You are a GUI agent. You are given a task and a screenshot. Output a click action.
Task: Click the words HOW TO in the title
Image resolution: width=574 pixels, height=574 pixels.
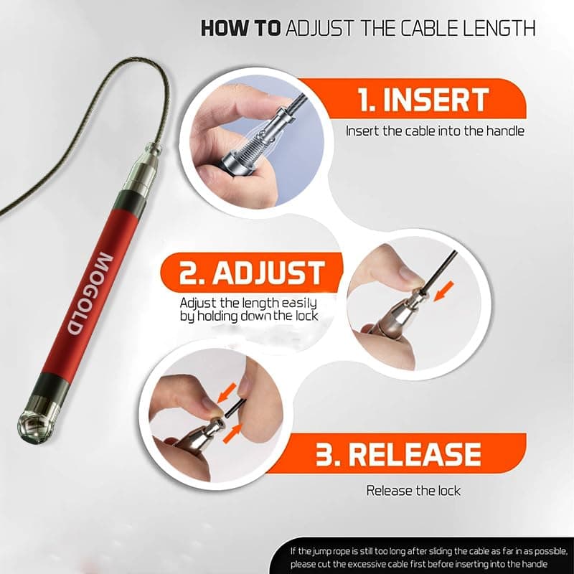[241, 28]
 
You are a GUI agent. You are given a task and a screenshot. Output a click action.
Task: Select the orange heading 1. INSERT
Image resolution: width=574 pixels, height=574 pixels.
[423, 100]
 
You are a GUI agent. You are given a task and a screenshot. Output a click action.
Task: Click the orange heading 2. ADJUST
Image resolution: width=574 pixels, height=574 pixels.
[252, 273]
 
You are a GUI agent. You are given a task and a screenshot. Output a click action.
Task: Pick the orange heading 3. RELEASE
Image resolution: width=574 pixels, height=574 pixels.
[398, 454]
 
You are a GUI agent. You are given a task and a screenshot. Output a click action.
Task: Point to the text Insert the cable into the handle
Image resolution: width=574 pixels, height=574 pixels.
[435, 131]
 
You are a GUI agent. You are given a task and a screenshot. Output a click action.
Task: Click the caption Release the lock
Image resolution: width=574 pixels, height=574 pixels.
[413, 490]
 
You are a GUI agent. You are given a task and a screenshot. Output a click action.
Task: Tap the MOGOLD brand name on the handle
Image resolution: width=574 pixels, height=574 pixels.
[90, 293]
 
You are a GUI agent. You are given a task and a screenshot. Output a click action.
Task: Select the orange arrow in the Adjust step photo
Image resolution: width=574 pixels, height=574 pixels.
[443, 291]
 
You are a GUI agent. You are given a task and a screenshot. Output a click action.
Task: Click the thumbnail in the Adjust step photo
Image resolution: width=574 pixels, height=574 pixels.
[408, 273]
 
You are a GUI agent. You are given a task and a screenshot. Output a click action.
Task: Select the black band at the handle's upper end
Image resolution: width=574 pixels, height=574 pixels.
[130, 201]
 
